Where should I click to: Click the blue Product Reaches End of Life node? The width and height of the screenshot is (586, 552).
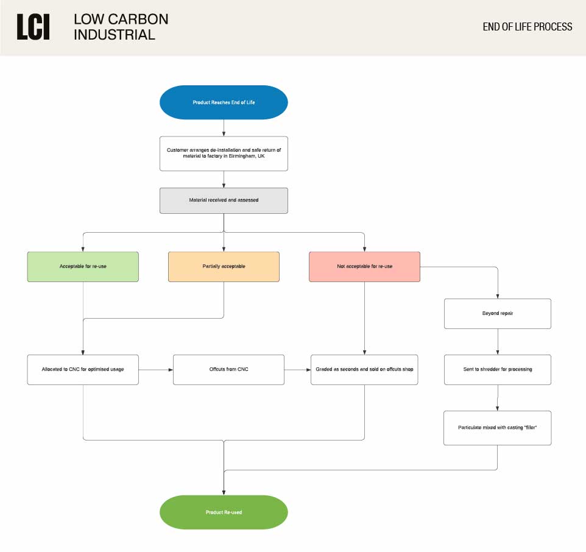(x=224, y=102)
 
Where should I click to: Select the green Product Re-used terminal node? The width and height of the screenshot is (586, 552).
(x=224, y=512)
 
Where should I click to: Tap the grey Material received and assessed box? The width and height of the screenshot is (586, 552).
(x=224, y=200)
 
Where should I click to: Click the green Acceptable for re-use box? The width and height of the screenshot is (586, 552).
(x=83, y=266)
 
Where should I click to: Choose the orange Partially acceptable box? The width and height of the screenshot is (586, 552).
(x=224, y=266)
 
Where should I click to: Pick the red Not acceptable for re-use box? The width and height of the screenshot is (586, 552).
(x=364, y=266)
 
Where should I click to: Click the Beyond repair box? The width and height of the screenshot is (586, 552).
(x=498, y=314)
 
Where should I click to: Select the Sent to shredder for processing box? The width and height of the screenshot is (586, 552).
(x=498, y=370)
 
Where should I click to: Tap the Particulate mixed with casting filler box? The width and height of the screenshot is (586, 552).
(x=498, y=428)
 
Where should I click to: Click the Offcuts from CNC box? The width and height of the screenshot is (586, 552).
(x=228, y=370)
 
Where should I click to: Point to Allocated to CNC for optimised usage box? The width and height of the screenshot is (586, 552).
(x=83, y=370)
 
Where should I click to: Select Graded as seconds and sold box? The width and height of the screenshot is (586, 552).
(x=364, y=370)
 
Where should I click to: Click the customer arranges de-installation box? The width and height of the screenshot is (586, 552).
(x=224, y=153)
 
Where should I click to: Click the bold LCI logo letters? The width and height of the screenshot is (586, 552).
(x=34, y=27)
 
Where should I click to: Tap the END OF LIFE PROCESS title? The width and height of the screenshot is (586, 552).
(x=528, y=27)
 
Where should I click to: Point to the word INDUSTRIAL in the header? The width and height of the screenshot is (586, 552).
(x=115, y=35)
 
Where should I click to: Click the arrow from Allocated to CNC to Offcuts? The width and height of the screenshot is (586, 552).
(x=156, y=370)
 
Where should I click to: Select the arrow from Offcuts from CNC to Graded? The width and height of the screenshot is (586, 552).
(x=297, y=370)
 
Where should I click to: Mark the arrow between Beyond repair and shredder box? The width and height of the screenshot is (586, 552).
(x=498, y=342)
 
